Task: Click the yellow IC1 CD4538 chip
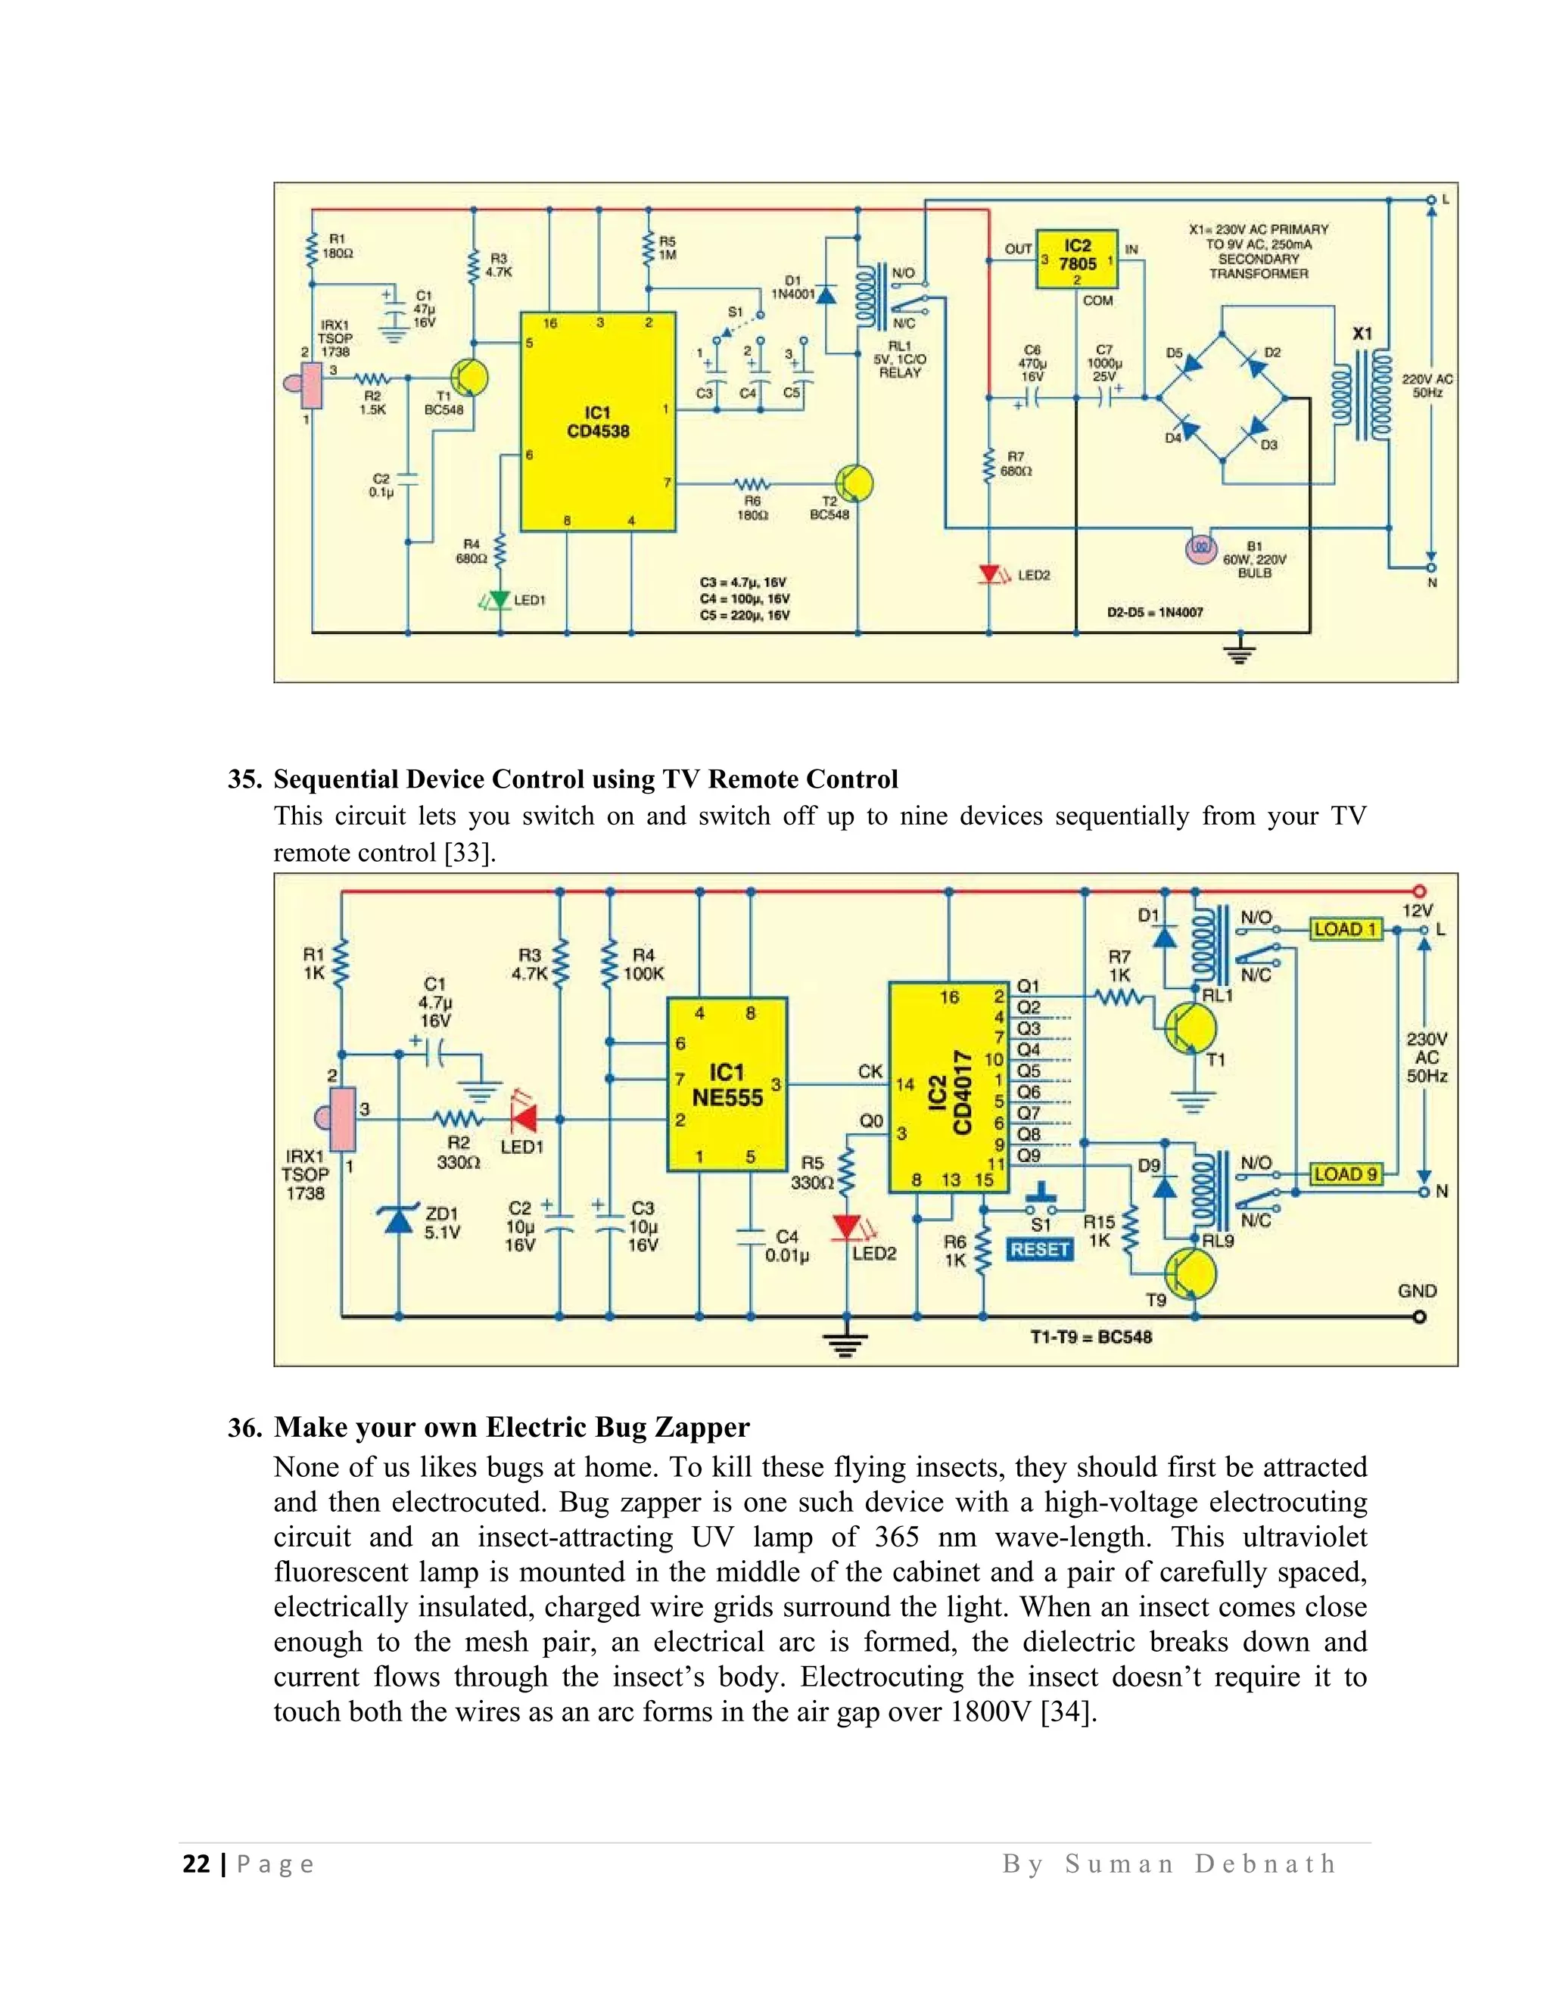click(598, 421)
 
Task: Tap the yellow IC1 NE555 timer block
click(727, 1084)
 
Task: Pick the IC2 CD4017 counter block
click(948, 1087)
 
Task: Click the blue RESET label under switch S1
click(1039, 1249)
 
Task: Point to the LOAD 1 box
click(1345, 929)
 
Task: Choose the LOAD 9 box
click(1345, 1173)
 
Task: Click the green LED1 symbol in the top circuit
click(499, 599)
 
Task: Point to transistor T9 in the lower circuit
click(1191, 1274)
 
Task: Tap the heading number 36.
click(244, 1428)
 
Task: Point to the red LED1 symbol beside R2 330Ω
click(524, 1119)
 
